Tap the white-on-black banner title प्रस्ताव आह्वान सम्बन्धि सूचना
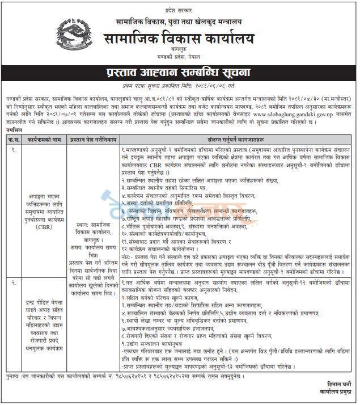(180, 73)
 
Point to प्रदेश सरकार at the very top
(180, 9)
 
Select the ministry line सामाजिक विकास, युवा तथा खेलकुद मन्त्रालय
(180, 22)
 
